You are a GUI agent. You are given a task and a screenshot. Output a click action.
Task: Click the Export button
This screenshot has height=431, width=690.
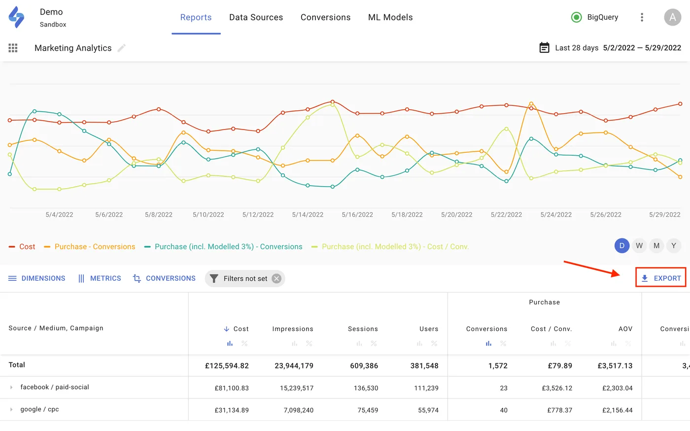pos(661,278)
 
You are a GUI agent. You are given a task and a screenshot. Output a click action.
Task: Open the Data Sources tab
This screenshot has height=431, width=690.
pos(256,17)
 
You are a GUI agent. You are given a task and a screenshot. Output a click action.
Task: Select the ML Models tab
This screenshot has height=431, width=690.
pos(390,17)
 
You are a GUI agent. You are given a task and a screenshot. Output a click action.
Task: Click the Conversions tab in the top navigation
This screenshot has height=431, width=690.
pos(325,17)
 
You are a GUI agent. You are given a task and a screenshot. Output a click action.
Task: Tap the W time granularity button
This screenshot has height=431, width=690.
pos(639,245)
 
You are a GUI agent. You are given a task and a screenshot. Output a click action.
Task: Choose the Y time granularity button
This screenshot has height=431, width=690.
pos(674,245)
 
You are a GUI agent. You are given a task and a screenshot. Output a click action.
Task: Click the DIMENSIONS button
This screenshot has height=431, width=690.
pos(37,278)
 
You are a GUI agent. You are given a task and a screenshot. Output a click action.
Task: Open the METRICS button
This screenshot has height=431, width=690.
pos(100,278)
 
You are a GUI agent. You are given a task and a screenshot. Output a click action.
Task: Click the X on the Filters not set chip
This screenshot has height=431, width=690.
pos(276,278)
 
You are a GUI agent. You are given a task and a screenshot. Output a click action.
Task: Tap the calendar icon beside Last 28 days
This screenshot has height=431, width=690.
pos(544,48)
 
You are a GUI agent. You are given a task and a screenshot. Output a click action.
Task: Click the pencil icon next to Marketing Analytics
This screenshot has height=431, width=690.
pos(122,48)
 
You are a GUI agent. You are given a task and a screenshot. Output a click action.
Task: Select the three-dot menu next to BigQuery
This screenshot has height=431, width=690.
pos(642,17)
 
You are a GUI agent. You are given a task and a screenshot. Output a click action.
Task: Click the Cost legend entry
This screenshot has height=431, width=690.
pos(22,247)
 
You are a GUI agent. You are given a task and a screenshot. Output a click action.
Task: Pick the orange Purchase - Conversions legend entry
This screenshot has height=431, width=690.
pos(90,247)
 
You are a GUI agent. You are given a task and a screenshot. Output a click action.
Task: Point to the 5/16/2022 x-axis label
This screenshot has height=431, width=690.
pos(357,215)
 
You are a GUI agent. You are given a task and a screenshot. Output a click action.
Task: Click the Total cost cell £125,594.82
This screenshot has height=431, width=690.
pos(227,366)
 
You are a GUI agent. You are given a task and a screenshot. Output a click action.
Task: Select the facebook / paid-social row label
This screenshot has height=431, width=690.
pos(55,387)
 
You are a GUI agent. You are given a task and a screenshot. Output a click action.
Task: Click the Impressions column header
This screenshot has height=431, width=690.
pos(293,329)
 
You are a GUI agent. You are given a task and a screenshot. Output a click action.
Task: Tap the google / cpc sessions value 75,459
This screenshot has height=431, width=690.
pos(368,410)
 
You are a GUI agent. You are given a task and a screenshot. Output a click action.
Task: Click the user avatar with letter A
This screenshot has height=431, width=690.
pos(672,17)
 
